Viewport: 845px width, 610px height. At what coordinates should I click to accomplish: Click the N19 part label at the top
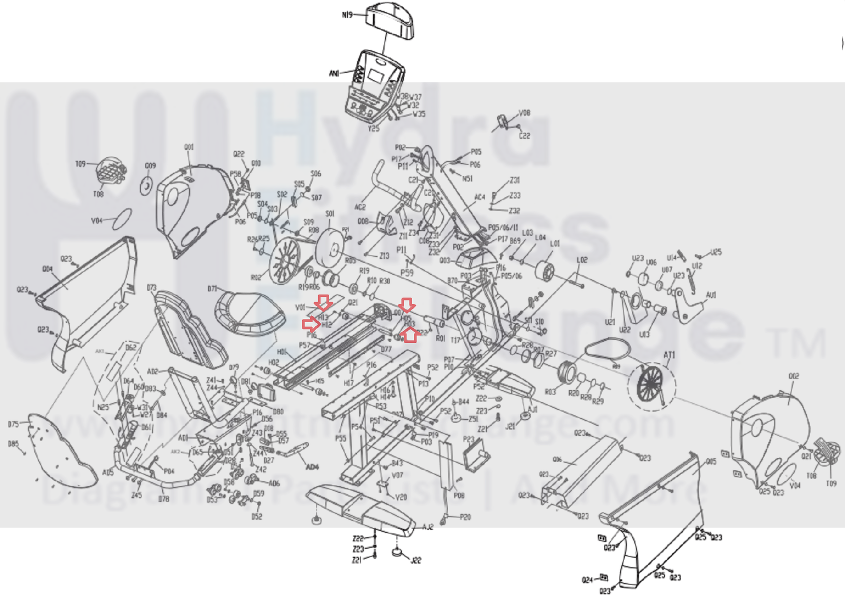click(x=347, y=15)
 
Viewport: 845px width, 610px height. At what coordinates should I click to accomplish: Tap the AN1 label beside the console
click(x=334, y=73)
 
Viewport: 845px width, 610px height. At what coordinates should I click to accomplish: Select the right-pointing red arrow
click(x=311, y=324)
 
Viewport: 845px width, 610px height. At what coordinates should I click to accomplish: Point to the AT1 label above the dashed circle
click(x=669, y=355)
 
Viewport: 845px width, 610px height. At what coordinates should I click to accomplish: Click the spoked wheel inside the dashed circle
click(x=651, y=383)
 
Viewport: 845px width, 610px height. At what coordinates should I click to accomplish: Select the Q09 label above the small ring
click(x=151, y=166)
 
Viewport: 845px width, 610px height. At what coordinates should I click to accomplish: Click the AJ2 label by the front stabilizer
click(x=428, y=527)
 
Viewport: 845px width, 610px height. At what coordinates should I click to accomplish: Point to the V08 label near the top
click(x=524, y=113)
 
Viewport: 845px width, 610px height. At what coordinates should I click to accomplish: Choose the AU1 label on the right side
click(x=711, y=295)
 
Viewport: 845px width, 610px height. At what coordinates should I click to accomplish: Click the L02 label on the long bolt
click(x=582, y=260)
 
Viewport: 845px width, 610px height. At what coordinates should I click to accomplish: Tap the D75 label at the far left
click(x=13, y=424)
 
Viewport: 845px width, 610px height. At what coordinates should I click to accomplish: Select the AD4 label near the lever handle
click(x=312, y=467)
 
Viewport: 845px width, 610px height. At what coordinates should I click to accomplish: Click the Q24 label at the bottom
click(x=587, y=580)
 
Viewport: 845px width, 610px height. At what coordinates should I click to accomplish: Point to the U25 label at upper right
click(x=716, y=252)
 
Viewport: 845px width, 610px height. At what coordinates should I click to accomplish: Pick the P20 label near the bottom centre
click(x=465, y=517)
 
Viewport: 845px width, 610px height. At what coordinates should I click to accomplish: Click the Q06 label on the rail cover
click(x=557, y=459)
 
